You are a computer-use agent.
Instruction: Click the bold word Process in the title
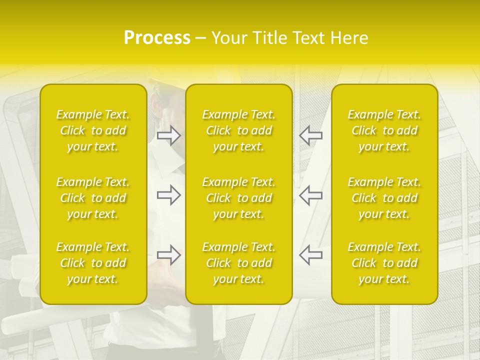point(157,38)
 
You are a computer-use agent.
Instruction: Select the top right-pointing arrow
point(168,135)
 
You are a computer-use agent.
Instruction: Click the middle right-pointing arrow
point(168,195)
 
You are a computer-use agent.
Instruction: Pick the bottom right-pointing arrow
point(168,255)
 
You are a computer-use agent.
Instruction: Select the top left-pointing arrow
point(310,135)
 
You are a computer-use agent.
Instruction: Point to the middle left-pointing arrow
point(310,195)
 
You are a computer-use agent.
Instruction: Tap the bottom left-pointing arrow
point(310,255)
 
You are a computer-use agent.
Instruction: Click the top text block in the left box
point(93,130)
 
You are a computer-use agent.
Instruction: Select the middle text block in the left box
point(93,198)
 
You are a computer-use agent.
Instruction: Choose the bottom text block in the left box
point(93,263)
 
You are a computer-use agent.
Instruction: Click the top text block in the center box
point(239,130)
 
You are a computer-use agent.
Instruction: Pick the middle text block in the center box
point(239,198)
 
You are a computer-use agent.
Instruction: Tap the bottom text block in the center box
point(239,263)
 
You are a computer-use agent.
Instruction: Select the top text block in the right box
point(384,130)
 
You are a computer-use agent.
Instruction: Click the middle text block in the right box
point(384,198)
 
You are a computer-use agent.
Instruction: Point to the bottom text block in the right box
point(384,263)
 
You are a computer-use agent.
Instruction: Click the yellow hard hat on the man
point(161,84)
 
